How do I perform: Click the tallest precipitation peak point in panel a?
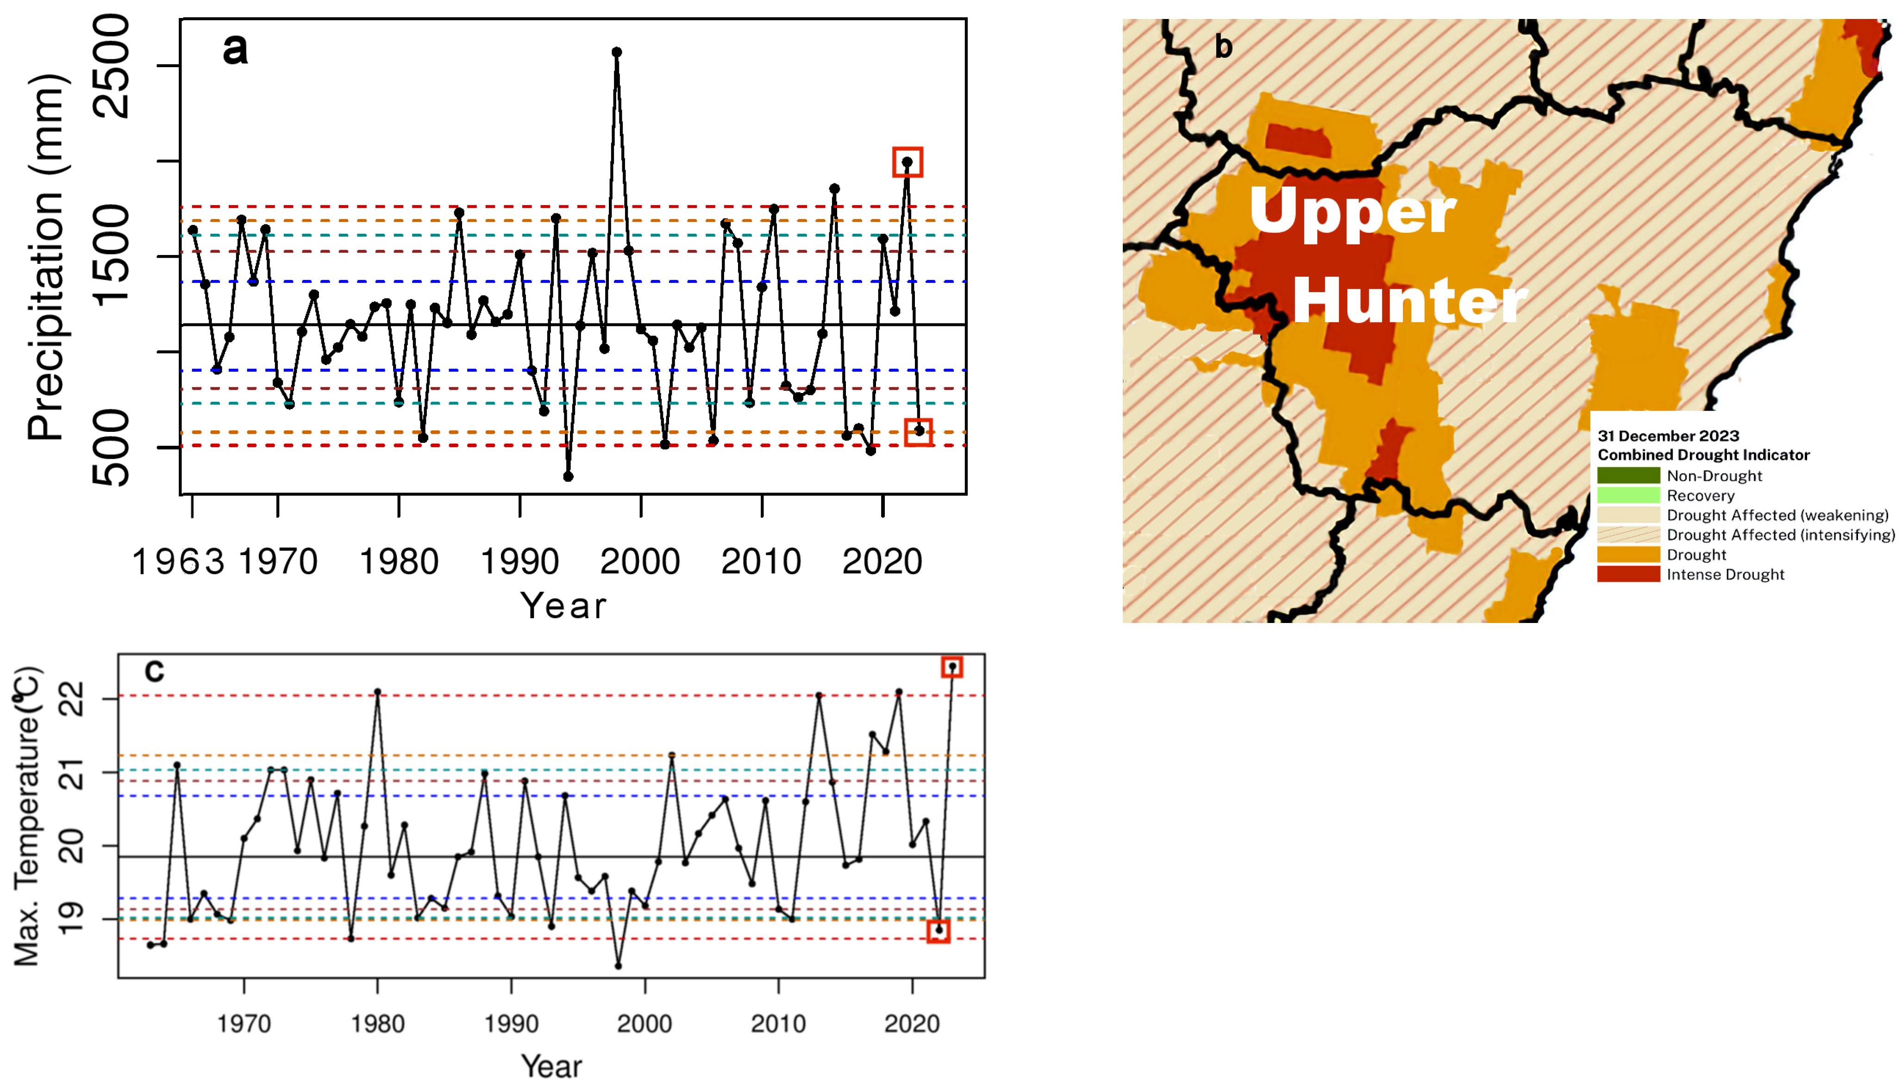616,52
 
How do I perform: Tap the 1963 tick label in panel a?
178,561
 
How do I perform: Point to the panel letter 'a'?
235,50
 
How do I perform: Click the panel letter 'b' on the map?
1223,46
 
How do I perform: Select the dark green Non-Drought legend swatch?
1628,475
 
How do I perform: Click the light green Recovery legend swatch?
1628,495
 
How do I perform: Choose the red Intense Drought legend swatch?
1628,574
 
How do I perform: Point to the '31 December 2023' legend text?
1668,436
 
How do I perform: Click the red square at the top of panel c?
952,667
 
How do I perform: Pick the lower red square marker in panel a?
919,432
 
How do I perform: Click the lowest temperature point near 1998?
618,966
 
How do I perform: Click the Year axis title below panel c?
552,1066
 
